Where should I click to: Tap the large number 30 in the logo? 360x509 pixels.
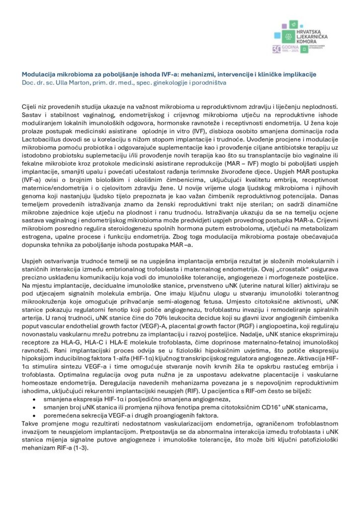click(x=276, y=48)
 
